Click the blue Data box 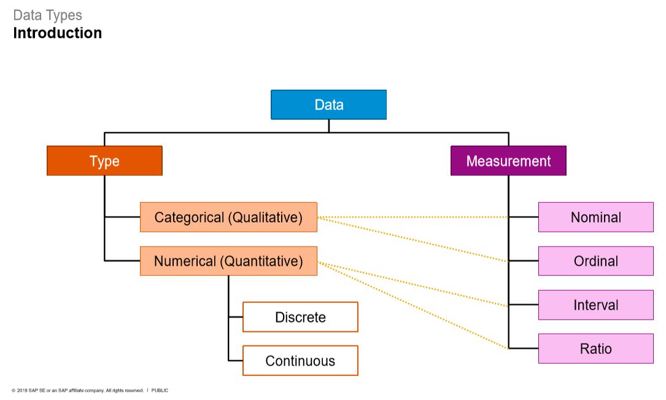point(328,104)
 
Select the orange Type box point(104,161)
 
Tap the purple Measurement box point(508,161)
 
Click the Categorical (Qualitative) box point(228,217)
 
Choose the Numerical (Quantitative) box point(228,261)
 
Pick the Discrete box point(300,317)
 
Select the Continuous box point(300,361)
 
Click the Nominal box point(595,217)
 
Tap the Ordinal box point(595,261)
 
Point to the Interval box point(595,305)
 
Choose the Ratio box point(595,349)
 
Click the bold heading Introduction point(58,33)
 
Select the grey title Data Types point(47,15)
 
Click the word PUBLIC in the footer point(160,391)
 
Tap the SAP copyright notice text point(77,391)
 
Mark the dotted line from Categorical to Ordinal point(412,239)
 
